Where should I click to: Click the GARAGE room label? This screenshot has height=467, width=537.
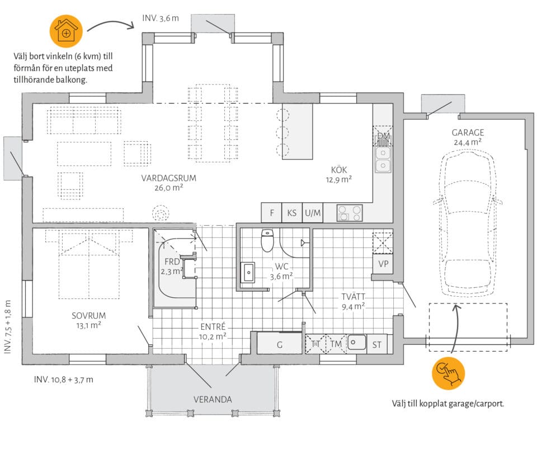[x=468, y=133]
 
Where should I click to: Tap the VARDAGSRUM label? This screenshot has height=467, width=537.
[x=168, y=178]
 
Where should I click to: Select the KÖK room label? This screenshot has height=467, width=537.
[x=339, y=170]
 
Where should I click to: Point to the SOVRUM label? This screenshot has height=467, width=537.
[x=89, y=316]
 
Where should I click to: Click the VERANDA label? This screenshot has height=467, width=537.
[x=213, y=399]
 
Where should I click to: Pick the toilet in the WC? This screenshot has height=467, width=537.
[x=267, y=240]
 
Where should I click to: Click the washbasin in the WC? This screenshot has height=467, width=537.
[x=248, y=273]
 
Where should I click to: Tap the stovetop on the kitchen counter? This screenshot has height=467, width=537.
[x=349, y=213]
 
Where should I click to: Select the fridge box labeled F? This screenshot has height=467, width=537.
[x=272, y=213]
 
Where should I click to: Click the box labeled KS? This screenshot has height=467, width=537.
[x=292, y=213]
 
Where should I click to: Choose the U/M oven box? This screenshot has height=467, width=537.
[x=313, y=213]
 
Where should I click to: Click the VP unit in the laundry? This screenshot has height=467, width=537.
[x=383, y=264]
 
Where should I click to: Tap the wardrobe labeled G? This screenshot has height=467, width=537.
[x=280, y=343]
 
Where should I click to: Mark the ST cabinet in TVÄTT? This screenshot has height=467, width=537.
[x=376, y=344]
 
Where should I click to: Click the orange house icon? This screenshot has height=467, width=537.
[x=67, y=31]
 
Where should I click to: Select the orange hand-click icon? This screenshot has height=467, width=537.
[x=448, y=373]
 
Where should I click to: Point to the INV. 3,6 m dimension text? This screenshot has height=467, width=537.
[x=161, y=18]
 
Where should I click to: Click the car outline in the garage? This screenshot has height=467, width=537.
[x=468, y=225]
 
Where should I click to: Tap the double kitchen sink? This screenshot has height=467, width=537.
[x=383, y=160]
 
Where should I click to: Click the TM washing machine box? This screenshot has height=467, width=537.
[x=336, y=344]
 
